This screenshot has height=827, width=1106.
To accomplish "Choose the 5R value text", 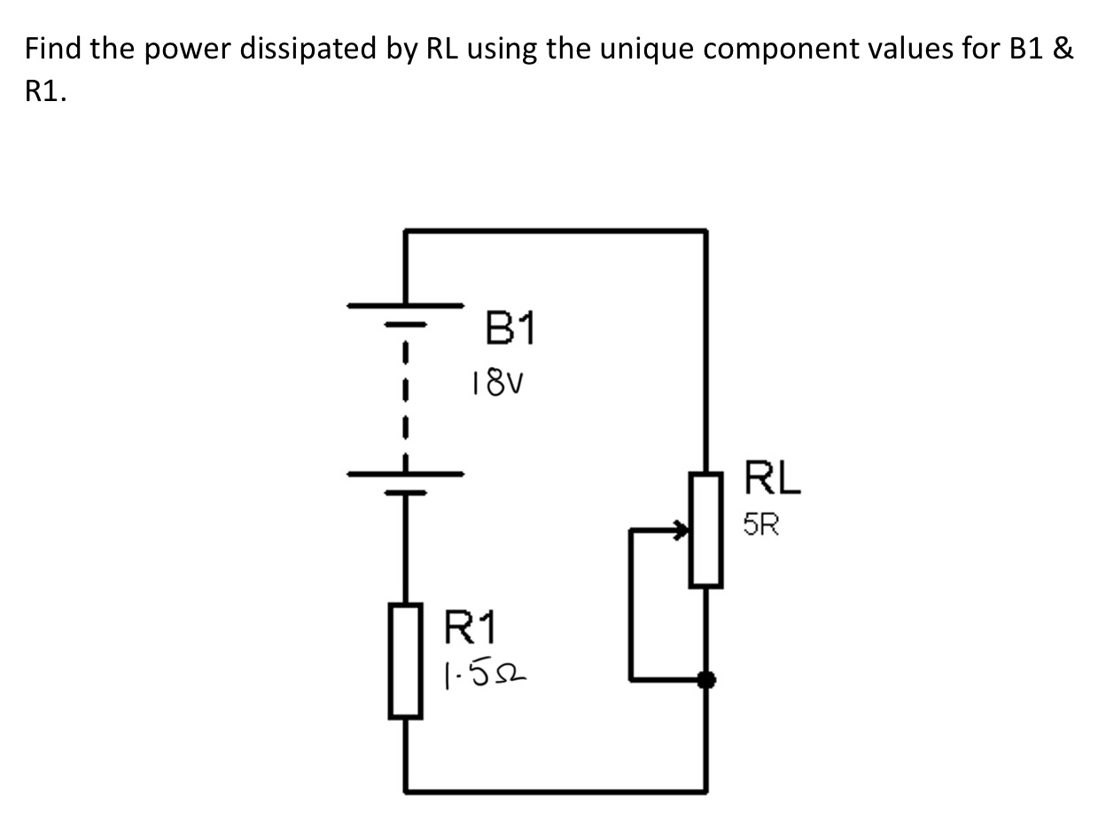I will tap(762, 527).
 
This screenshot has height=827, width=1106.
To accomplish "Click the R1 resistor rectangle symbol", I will tap(405, 661).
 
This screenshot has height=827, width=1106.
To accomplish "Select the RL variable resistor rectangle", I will tap(705, 529).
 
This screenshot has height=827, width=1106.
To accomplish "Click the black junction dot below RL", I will tap(706, 680).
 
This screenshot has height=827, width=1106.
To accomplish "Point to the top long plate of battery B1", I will tap(405, 305).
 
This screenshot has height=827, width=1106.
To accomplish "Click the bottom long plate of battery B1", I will tap(405, 472).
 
